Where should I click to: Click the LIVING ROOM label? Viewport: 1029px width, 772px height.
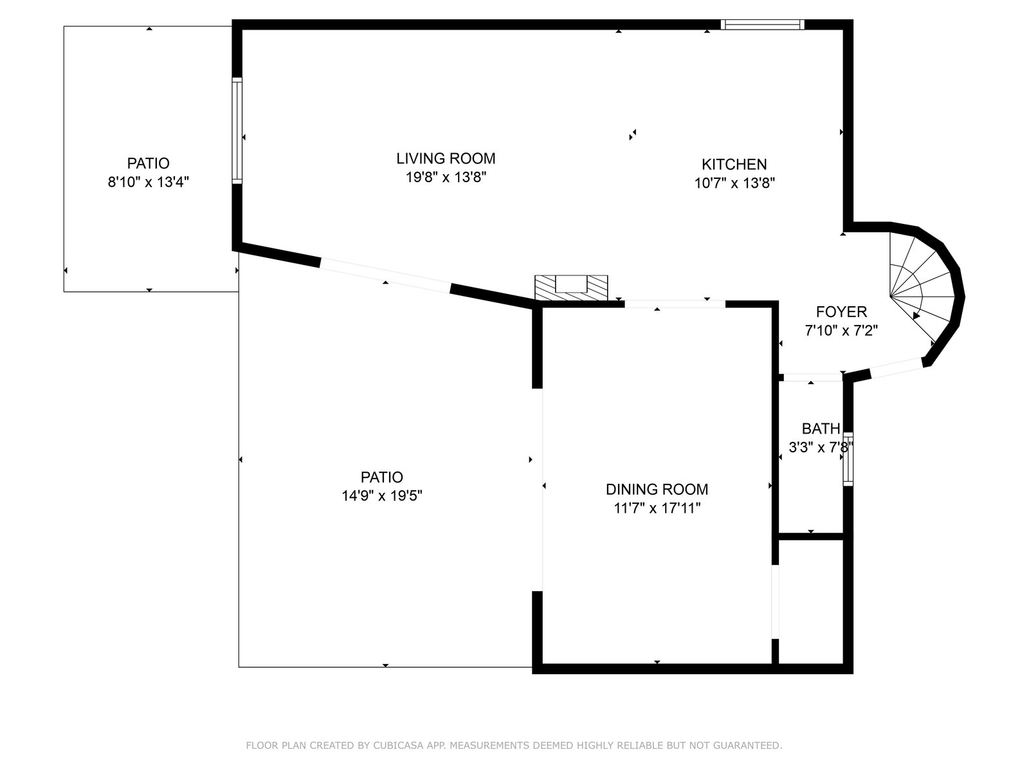(x=446, y=158)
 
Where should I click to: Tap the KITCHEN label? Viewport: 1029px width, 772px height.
(x=734, y=164)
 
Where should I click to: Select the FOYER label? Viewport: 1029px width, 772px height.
(x=841, y=312)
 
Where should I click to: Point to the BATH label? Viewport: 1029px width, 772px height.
(x=821, y=428)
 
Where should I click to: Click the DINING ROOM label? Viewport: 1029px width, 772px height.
(x=657, y=490)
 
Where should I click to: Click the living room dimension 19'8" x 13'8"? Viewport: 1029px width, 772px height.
(x=446, y=177)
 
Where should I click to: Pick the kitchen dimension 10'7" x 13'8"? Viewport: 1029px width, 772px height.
(x=734, y=183)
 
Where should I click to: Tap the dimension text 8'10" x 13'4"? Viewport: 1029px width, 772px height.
(x=148, y=182)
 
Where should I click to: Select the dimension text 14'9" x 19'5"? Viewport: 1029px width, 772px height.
(x=381, y=495)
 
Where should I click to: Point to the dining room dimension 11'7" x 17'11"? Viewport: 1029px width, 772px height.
(x=657, y=508)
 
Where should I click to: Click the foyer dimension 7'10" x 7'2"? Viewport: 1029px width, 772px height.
(x=841, y=331)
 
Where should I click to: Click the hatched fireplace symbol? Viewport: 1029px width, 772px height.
(x=571, y=288)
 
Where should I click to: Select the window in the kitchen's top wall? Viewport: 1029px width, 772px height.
(x=762, y=24)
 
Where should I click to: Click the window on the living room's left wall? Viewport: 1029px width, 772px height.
(x=237, y=131)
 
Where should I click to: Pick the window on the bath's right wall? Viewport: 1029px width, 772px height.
(x=848, y=459)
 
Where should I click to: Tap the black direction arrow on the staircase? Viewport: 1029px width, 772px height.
(x=916, y=316)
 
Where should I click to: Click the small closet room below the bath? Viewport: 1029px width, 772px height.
(x=810, y=602)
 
